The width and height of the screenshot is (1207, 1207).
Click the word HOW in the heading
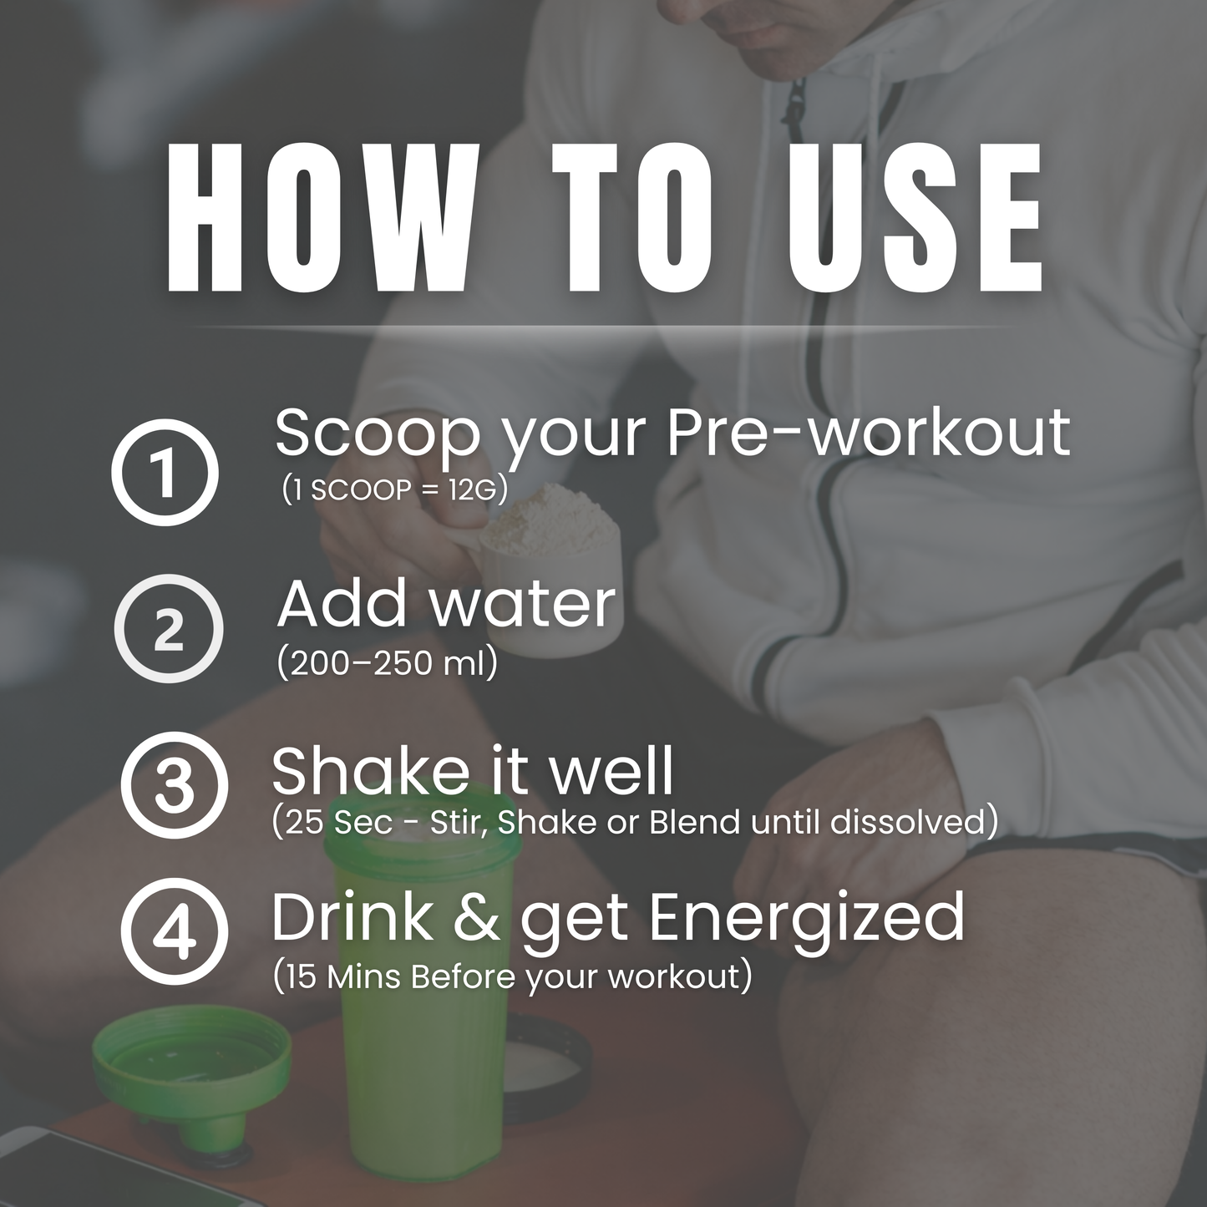pos(317,219)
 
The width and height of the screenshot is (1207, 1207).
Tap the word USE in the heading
pos(915,219)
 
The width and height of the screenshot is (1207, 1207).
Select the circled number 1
pos(165,473)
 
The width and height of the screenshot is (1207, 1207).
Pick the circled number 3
pos(174,785)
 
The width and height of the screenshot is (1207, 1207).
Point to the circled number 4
pos(175,931)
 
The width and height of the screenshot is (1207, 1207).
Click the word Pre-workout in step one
pos(868,433)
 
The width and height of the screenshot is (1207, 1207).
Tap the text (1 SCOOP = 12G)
pos(395,490)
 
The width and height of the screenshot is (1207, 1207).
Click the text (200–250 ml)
pos(388,663)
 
